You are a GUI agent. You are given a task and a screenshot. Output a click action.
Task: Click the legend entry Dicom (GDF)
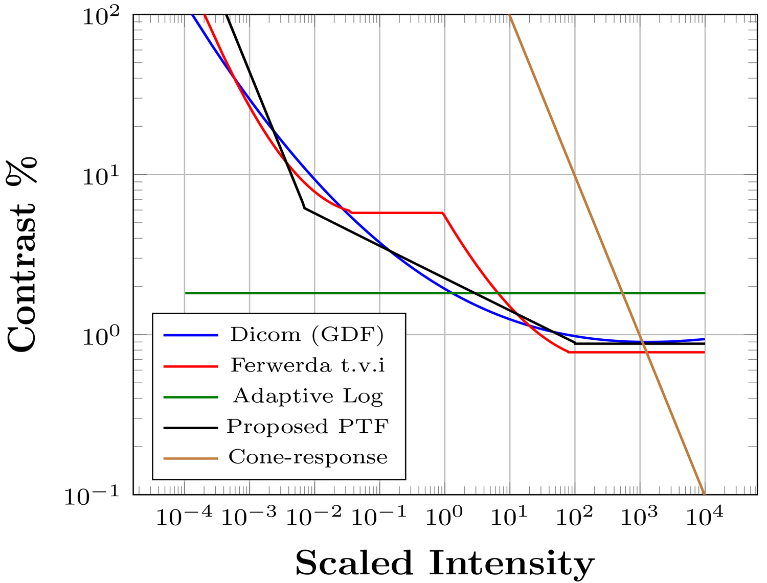(307, 335)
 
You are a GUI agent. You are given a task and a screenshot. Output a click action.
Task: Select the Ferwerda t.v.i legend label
(308, 365)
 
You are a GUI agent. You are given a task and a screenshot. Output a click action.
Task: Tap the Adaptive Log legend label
(308, 396)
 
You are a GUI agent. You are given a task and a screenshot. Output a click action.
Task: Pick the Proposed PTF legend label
(308, 427)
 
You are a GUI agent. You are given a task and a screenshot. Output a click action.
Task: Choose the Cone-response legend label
(308, 457)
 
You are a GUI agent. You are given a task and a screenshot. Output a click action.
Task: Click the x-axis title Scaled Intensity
(445, 563)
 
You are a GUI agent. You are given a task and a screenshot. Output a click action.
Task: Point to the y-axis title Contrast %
(23, 255)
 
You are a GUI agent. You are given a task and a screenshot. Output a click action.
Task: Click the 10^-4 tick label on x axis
(184, 517)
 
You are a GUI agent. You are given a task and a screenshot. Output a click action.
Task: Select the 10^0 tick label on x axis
(444, 517)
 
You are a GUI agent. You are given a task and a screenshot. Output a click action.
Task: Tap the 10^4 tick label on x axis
(704, 517)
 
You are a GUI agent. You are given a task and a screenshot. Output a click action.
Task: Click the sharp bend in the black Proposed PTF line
(304, 208)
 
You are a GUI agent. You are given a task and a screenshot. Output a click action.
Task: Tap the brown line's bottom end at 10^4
(704, 494)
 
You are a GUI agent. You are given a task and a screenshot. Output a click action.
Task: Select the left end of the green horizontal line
(186, 293)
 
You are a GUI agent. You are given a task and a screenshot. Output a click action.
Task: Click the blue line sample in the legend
(190, 335)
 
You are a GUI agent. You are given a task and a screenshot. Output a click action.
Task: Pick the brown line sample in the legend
(190, 458)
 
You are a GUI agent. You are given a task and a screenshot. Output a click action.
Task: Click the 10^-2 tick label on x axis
(313, 517)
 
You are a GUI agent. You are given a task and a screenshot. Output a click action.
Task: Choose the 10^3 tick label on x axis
(639, 517)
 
